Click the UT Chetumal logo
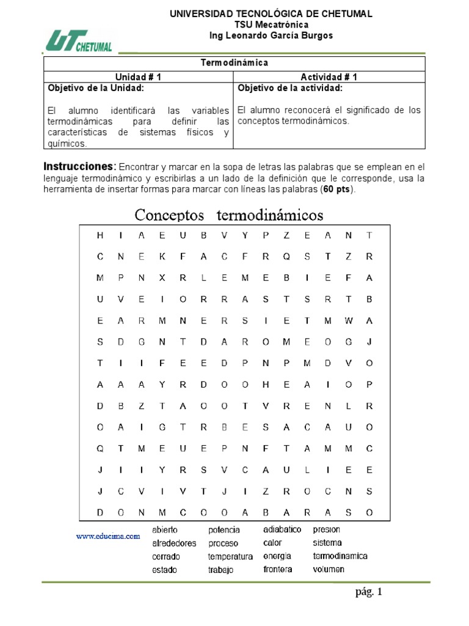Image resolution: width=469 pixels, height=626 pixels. pos(79,41)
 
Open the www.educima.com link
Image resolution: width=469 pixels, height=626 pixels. pos(108,536)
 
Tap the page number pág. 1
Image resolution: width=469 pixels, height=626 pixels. pos(369,592)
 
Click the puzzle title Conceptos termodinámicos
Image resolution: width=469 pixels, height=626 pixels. pos(229,215)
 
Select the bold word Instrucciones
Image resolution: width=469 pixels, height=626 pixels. pos(79,167)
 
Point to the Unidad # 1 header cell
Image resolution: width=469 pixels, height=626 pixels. pos(139,76)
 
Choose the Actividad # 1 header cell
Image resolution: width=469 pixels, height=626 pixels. pos(329,76)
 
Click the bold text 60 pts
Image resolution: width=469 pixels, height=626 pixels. pos(338,190)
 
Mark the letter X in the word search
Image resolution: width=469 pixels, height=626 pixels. pos(162,278)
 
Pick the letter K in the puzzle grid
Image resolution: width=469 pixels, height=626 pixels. pos(162,257)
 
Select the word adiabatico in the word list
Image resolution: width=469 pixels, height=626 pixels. pos(282,529)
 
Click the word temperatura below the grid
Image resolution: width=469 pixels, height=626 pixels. pos(230,556)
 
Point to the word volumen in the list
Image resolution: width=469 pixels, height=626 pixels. pos(329,569)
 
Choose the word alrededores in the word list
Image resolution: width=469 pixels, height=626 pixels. pos(174,543)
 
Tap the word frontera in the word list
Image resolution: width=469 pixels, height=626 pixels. pos(278,569)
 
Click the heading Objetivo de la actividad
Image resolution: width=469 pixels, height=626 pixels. pos(290,88)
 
